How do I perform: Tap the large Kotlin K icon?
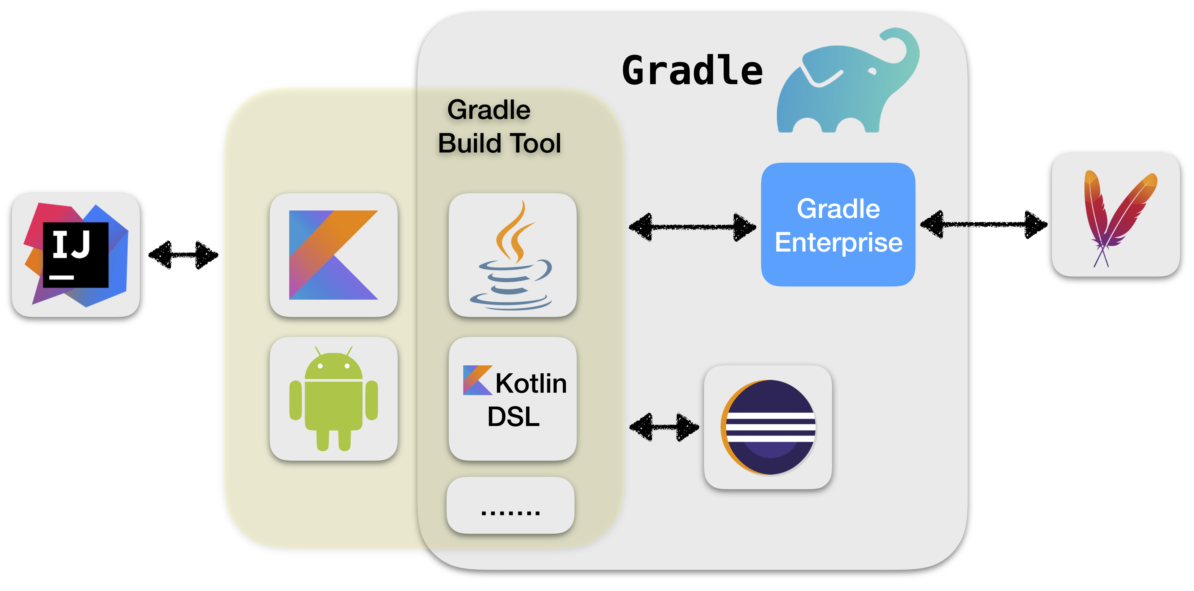[333, 255]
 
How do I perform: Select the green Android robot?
[333, 398]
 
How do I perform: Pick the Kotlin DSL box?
[513, 398]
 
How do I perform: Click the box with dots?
[510, 505]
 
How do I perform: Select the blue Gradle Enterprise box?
[838, 225]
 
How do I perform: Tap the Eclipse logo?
[769, 427]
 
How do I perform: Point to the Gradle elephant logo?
[847, 81]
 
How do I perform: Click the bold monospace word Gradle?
[692, 70]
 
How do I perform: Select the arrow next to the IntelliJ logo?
[183, 255]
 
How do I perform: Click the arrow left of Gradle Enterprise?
[692, 227]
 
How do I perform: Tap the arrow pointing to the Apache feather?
[984, 225]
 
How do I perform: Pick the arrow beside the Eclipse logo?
[664, 427]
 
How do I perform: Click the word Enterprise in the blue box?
[838, 243]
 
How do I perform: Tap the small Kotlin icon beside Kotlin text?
[478, 380]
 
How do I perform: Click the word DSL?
[513, 416]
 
